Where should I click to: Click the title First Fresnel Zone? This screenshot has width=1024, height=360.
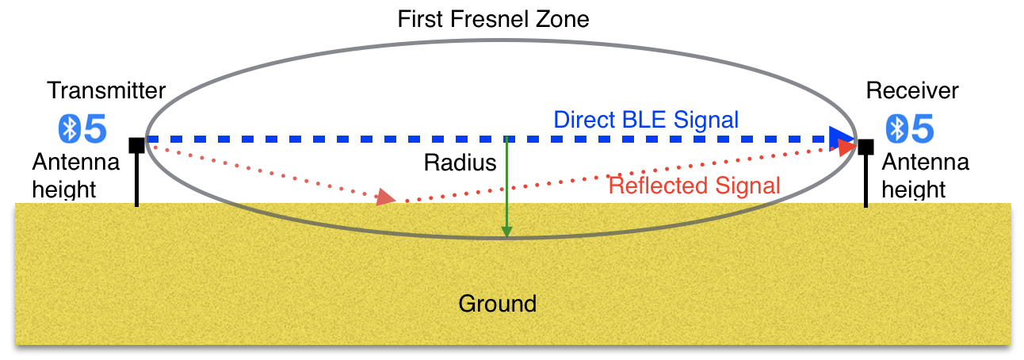(493, 19)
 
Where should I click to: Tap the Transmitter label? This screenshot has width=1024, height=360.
(107, 90)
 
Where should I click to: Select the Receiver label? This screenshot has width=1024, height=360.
(912, 90)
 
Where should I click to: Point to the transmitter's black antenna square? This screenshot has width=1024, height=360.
(136, 145)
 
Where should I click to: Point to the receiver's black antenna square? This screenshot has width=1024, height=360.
(865, 147)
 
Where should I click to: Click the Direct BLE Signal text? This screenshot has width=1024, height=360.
(646, 120)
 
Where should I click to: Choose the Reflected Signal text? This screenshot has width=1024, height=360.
(694, 186)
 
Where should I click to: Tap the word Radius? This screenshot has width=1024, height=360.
(460, 163)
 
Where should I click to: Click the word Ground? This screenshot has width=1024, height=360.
(498, 303)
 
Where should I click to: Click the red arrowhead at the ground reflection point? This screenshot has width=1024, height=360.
(386, 197)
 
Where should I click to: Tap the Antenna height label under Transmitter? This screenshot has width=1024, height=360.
(76, 176)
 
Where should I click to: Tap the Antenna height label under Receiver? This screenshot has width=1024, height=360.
(925, 176)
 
